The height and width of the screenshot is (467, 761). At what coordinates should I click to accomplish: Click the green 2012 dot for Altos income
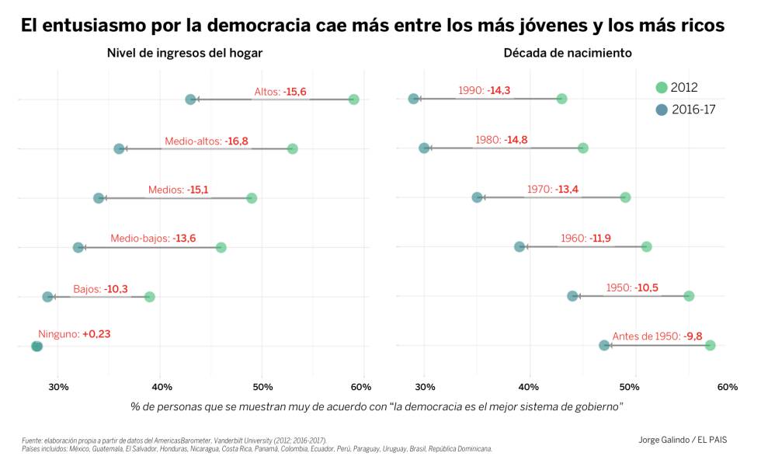(353, 99)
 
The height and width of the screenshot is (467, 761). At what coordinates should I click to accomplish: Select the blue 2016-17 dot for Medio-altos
(119, 148)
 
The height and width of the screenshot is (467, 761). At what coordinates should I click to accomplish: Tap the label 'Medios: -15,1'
(178, 190)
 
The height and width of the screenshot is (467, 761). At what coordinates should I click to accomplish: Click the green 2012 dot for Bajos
(149, 297)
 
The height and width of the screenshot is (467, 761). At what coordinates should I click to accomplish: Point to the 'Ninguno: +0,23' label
(74, 334)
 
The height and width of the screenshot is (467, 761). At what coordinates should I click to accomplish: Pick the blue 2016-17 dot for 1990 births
(413, 99)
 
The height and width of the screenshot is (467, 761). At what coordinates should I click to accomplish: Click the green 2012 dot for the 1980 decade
(582, 148)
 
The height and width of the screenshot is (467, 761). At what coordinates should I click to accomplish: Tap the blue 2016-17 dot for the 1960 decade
(519, 247)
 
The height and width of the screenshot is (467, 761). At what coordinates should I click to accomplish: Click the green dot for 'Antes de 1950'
(709, 345)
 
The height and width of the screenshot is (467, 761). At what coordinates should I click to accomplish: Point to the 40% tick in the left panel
(160, 387)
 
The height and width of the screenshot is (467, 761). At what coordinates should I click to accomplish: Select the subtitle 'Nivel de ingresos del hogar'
(184, 54)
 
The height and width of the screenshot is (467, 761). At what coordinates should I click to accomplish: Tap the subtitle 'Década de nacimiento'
(567, 54)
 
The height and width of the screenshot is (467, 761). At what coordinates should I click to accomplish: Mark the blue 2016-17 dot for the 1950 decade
(572, 296)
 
